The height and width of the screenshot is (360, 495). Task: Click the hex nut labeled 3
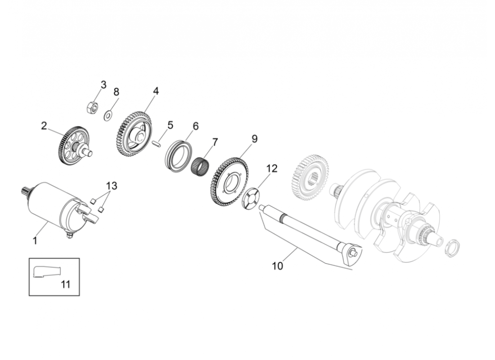point(92,107)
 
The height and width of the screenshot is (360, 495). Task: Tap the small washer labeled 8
point(108,116)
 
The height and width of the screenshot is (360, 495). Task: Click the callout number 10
point(278,266)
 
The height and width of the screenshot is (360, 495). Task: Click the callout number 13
point(112,186)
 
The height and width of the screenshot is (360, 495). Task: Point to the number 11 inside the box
point(65,284)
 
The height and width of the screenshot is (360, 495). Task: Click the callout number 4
point(156,91)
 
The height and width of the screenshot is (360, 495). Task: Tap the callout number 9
point(255,139)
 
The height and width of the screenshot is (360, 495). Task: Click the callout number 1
point(35,241)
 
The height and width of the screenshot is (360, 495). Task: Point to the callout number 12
point(271,169)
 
